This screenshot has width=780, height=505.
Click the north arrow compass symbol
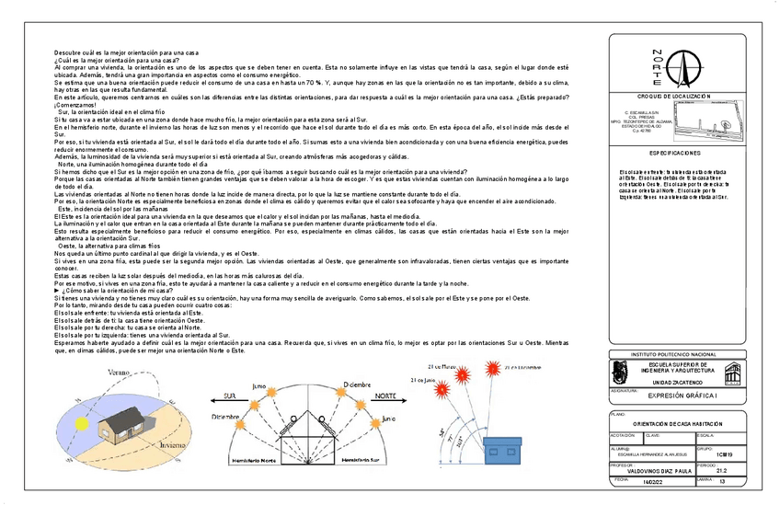pyautogui.click(x=682, y=66)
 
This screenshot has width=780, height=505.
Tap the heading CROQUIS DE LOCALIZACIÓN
pyautogui.click(x=674, y=96)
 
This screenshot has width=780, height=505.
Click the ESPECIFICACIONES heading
pyautogui.click(x=674, y=153)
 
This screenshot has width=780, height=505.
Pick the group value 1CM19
pyautogui.click(x=724, y=453)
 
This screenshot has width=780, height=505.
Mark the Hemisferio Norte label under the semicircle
pyautogui.click(x=252, y=458)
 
